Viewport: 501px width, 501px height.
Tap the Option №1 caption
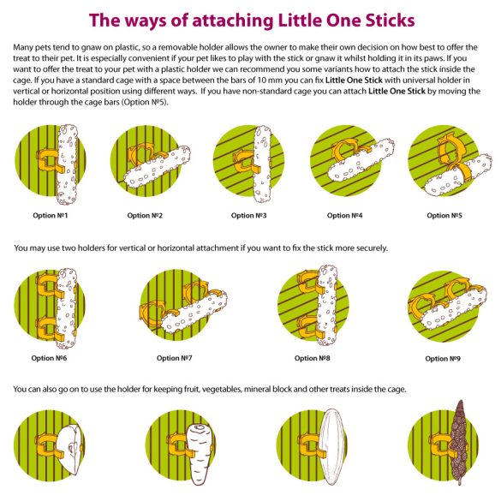51,215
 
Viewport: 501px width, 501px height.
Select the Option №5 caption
444,215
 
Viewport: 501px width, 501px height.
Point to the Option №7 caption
174,358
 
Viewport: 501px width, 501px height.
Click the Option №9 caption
443,359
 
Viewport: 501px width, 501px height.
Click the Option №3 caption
248,215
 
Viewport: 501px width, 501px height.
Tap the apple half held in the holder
70,450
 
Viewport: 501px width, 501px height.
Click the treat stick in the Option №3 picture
263,164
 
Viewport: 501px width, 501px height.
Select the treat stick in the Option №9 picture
453,307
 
